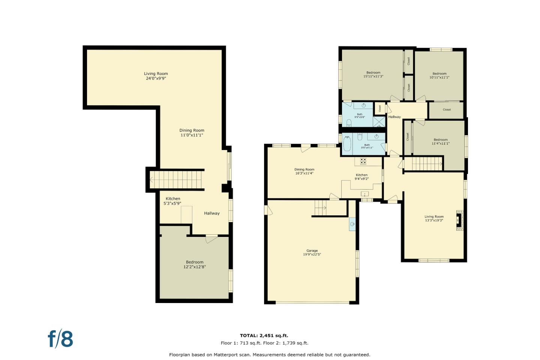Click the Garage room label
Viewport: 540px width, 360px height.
(312, 253)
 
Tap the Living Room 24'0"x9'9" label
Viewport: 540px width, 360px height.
(156, 76)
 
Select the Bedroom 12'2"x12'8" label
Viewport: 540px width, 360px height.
(195, 265)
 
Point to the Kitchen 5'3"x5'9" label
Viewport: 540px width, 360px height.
(172, 201)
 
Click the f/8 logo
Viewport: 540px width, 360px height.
(60, 339)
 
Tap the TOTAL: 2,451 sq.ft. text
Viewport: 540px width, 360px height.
(264, 336)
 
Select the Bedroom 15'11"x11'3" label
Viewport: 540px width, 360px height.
(373, 75)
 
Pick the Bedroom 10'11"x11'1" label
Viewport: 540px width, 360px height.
(439, 75)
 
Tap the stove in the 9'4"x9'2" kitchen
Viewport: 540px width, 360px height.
(363, 161)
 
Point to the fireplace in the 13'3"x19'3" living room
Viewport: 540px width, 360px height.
(459, 220)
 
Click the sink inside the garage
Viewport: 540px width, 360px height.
(352, 224)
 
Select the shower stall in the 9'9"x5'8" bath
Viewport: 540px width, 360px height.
(379, 122)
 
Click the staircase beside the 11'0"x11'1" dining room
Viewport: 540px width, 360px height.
(176, 180)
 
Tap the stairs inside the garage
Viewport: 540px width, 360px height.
(321, 207)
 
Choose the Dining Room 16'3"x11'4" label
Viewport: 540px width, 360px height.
(304, 171)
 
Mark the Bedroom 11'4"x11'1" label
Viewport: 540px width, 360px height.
(440, 141)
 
